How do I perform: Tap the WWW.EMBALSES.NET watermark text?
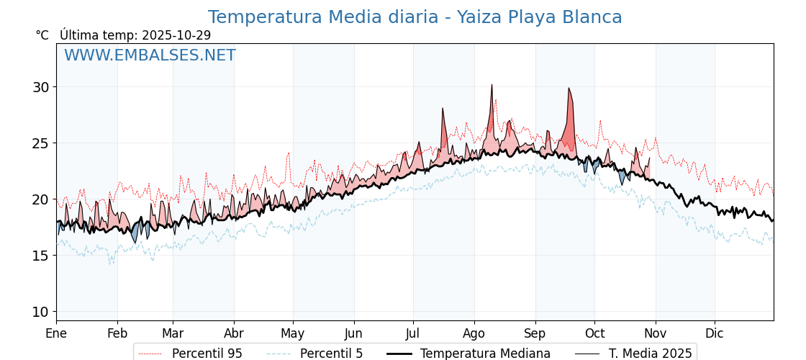[150, 55]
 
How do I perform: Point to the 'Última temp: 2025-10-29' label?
[135, 35]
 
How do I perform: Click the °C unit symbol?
[42, 35]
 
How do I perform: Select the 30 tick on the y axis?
[40, 87]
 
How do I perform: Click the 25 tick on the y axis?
[40, 143]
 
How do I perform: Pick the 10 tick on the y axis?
[40, 312]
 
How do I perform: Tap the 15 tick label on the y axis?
[40, 256]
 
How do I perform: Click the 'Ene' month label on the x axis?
[56, 334]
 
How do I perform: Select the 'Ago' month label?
[474, 334]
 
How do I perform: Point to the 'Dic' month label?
[715, 334]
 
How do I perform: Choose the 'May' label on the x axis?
[292, 334]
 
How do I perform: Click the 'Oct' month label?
[594, 334]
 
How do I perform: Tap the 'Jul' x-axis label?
[413, 334]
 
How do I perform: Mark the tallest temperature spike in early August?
[492, 86]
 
